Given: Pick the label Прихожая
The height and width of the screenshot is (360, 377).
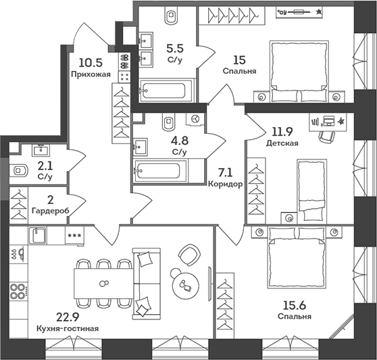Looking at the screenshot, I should [x=90, y=74].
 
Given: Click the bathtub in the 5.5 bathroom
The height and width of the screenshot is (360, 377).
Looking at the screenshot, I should [x=167, y=90].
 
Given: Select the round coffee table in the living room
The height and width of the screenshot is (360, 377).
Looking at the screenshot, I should [x=184, y=284].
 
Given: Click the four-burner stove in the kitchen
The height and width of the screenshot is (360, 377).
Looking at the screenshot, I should [x=18, y=291].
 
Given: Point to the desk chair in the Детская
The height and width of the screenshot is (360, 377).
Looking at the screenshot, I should [x=327, y=136].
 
